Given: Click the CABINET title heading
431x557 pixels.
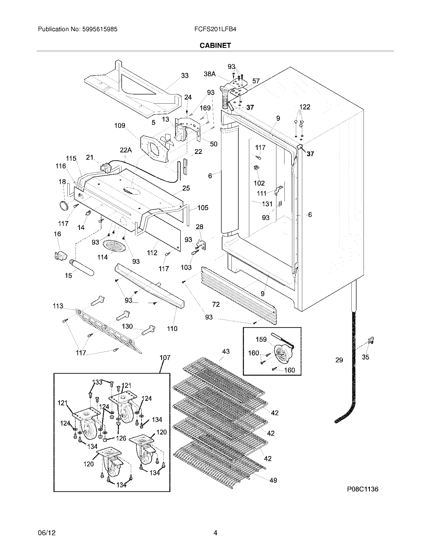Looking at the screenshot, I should pos(215,45).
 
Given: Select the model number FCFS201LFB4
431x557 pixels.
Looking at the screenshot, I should pos(215,29).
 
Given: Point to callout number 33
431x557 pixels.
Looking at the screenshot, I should pos(185,75).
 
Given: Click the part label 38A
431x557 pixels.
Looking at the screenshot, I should pos(209,74).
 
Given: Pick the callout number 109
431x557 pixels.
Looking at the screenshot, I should pos(120,126).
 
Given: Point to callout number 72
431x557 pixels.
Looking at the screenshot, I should pos(216,304).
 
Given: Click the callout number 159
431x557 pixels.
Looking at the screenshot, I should pos(261,340).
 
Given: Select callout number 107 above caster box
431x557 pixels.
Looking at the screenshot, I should pos(165,357).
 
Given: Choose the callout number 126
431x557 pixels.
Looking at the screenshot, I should pos(121,438).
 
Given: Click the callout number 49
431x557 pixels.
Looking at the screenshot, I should pos(273,480).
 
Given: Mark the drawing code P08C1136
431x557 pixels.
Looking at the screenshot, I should pos(363,489).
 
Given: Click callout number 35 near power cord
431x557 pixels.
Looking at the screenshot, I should pos(365,357).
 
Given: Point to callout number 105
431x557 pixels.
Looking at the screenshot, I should pos(203,208).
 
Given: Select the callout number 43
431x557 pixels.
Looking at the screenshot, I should pos(226,351).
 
